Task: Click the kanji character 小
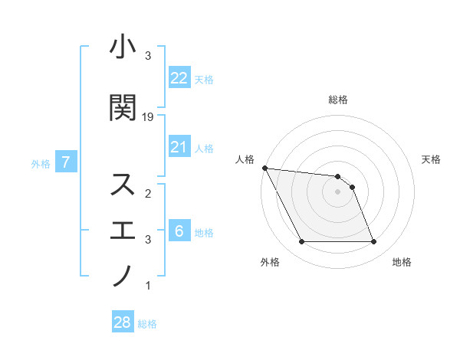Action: [x=123, y=48]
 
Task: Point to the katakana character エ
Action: [x=123, y=230]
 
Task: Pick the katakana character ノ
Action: [x=123, y=275]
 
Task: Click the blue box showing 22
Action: [x=179, y=77]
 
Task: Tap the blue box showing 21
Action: [x=179, y=147]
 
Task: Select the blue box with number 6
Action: [x=179, y=231]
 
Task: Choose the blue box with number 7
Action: [x=67, y=162]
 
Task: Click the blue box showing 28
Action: [x=123, y=322]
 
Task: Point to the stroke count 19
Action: [x=148, y=116]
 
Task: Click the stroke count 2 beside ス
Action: [x=148, y=194]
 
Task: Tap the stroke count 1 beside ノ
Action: [x=148, y=286]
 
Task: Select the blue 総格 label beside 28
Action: [x=147, y=324]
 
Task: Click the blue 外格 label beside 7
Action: [x=41, y=163]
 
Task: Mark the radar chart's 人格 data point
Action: [x=264, y=168]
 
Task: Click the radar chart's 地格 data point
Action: [x=374, y=242]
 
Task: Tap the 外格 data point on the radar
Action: [x=301, y=242]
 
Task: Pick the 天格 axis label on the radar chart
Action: [x=432, y=159]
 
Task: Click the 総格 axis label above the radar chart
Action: [x=338, y=100]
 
